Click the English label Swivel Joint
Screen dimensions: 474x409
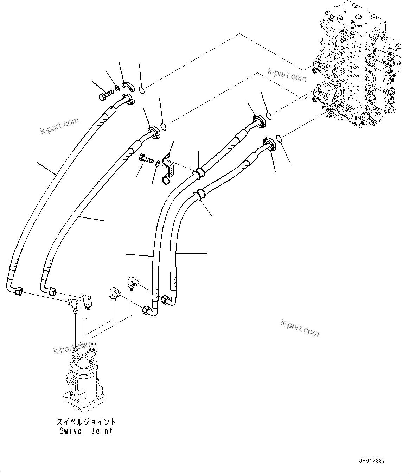86,430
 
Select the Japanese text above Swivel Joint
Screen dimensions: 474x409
86,422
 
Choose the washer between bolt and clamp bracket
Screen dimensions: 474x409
158,163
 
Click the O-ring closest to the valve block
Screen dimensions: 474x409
279,139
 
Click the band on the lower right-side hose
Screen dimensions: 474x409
200,194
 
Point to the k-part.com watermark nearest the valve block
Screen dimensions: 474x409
287,74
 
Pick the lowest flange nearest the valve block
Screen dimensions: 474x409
269,145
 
